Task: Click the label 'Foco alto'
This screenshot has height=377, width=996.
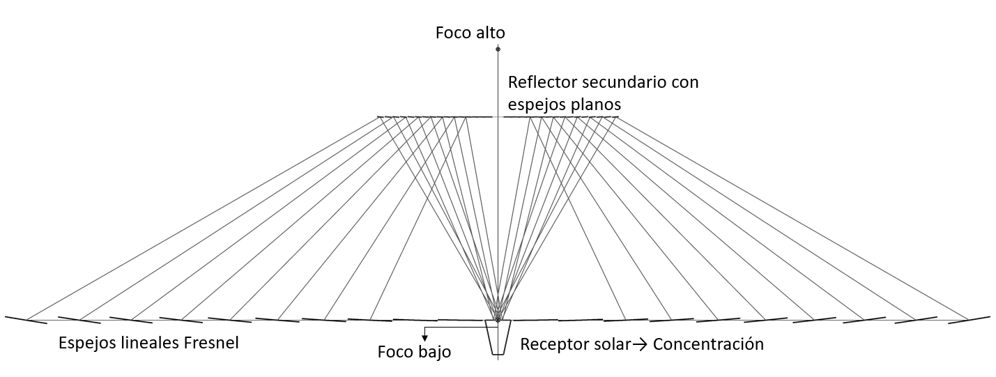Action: (x=470, y=33)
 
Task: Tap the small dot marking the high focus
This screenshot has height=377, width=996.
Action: (x=498, y=49)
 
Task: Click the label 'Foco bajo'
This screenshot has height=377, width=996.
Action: (x=414, y=352)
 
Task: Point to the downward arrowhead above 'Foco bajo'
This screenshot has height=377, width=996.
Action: (x=424, y=339)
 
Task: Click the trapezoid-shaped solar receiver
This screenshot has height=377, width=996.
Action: (x=498, y=337)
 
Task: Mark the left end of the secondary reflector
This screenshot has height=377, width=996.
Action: (x=378, y=116)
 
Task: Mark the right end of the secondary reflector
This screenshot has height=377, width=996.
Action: (x=618, y=116)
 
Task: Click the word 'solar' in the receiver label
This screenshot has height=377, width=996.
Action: (x=611, y=344)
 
